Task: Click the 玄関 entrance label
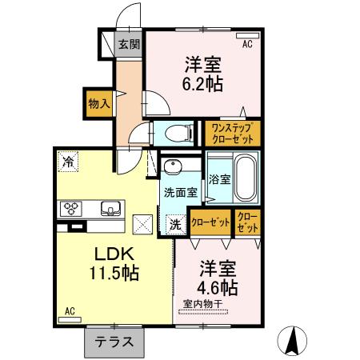click(x=128, y=44)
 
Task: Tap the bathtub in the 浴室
click(x=245, y=178)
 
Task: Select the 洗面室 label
click(x=179, y=193)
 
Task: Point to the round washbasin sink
click(x=171, y=166)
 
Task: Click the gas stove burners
click(x=71, y=209)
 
